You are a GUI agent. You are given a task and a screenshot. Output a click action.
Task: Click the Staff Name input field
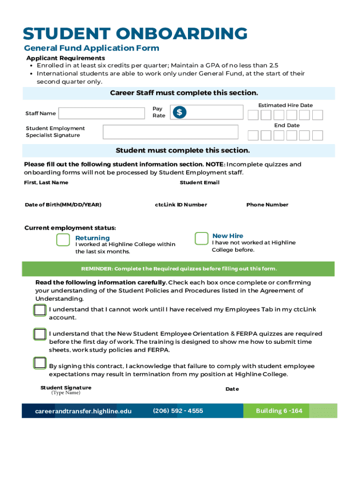click(x=101, y=113)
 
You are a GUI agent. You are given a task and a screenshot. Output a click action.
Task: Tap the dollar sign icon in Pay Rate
click(x=180, y=112)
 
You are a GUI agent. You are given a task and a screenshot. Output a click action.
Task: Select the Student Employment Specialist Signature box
click(x=171, y=132)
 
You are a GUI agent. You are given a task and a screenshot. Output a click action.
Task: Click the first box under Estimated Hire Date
click(x=253, y=115)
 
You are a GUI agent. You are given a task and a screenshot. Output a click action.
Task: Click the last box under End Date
click(x=317, y=135)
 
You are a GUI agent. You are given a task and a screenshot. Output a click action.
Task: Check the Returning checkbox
click(x=63, y=239)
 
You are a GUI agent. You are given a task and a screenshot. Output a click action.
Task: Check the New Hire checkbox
click(x=202, y=238)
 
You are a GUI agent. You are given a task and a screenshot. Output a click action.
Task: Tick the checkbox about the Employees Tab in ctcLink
click(x=40, y=310)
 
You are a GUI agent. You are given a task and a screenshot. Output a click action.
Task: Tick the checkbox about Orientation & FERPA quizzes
click(x=40, y=334)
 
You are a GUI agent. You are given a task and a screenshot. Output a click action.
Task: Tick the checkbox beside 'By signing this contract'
click(x=40, y=363)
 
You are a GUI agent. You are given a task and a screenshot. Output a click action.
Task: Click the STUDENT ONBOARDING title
click(x=136, y=34)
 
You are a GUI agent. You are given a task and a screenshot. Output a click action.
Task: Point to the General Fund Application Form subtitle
click(x=92, y=48)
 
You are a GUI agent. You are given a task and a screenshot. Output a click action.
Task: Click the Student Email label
click(x=200, y=182)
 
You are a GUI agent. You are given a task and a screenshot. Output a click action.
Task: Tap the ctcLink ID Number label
click(x=181, y=205)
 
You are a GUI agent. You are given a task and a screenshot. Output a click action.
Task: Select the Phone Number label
click(x=267, y=205)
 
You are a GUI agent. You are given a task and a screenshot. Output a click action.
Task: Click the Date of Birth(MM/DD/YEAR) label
click(x=63, y=205)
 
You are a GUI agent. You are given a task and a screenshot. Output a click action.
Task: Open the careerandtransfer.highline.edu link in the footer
click(x=83, y=411)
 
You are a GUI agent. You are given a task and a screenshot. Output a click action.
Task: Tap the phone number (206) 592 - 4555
click(x=178, y=411)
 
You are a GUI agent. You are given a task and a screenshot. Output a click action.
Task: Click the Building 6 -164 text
click(x=279, y=411)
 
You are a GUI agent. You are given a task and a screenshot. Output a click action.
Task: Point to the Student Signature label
click(x=66, y=388)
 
